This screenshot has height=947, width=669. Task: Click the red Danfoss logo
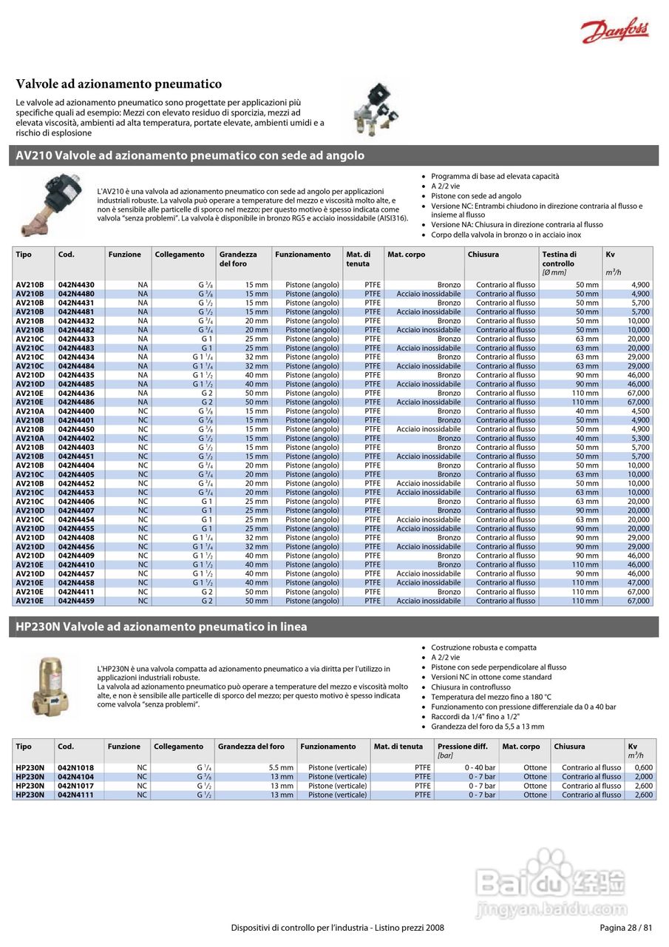[614, 31]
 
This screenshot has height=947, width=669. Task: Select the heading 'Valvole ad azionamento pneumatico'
[119, 84]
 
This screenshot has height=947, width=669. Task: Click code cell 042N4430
[76, 285]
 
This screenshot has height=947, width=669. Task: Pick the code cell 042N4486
[76, 402]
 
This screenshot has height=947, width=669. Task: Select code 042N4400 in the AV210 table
[76, 411]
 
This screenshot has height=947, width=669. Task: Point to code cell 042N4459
[76, 601]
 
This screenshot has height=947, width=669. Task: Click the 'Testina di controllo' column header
[559, 259]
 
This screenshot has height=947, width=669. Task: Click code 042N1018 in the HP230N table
[76, 768]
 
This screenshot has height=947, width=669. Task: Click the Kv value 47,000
[637, 583]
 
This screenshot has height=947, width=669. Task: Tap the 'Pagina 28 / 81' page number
[625, 928]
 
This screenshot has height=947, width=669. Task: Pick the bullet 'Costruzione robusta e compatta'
[483, 647]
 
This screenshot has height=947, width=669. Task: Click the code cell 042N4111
[76, 795]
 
